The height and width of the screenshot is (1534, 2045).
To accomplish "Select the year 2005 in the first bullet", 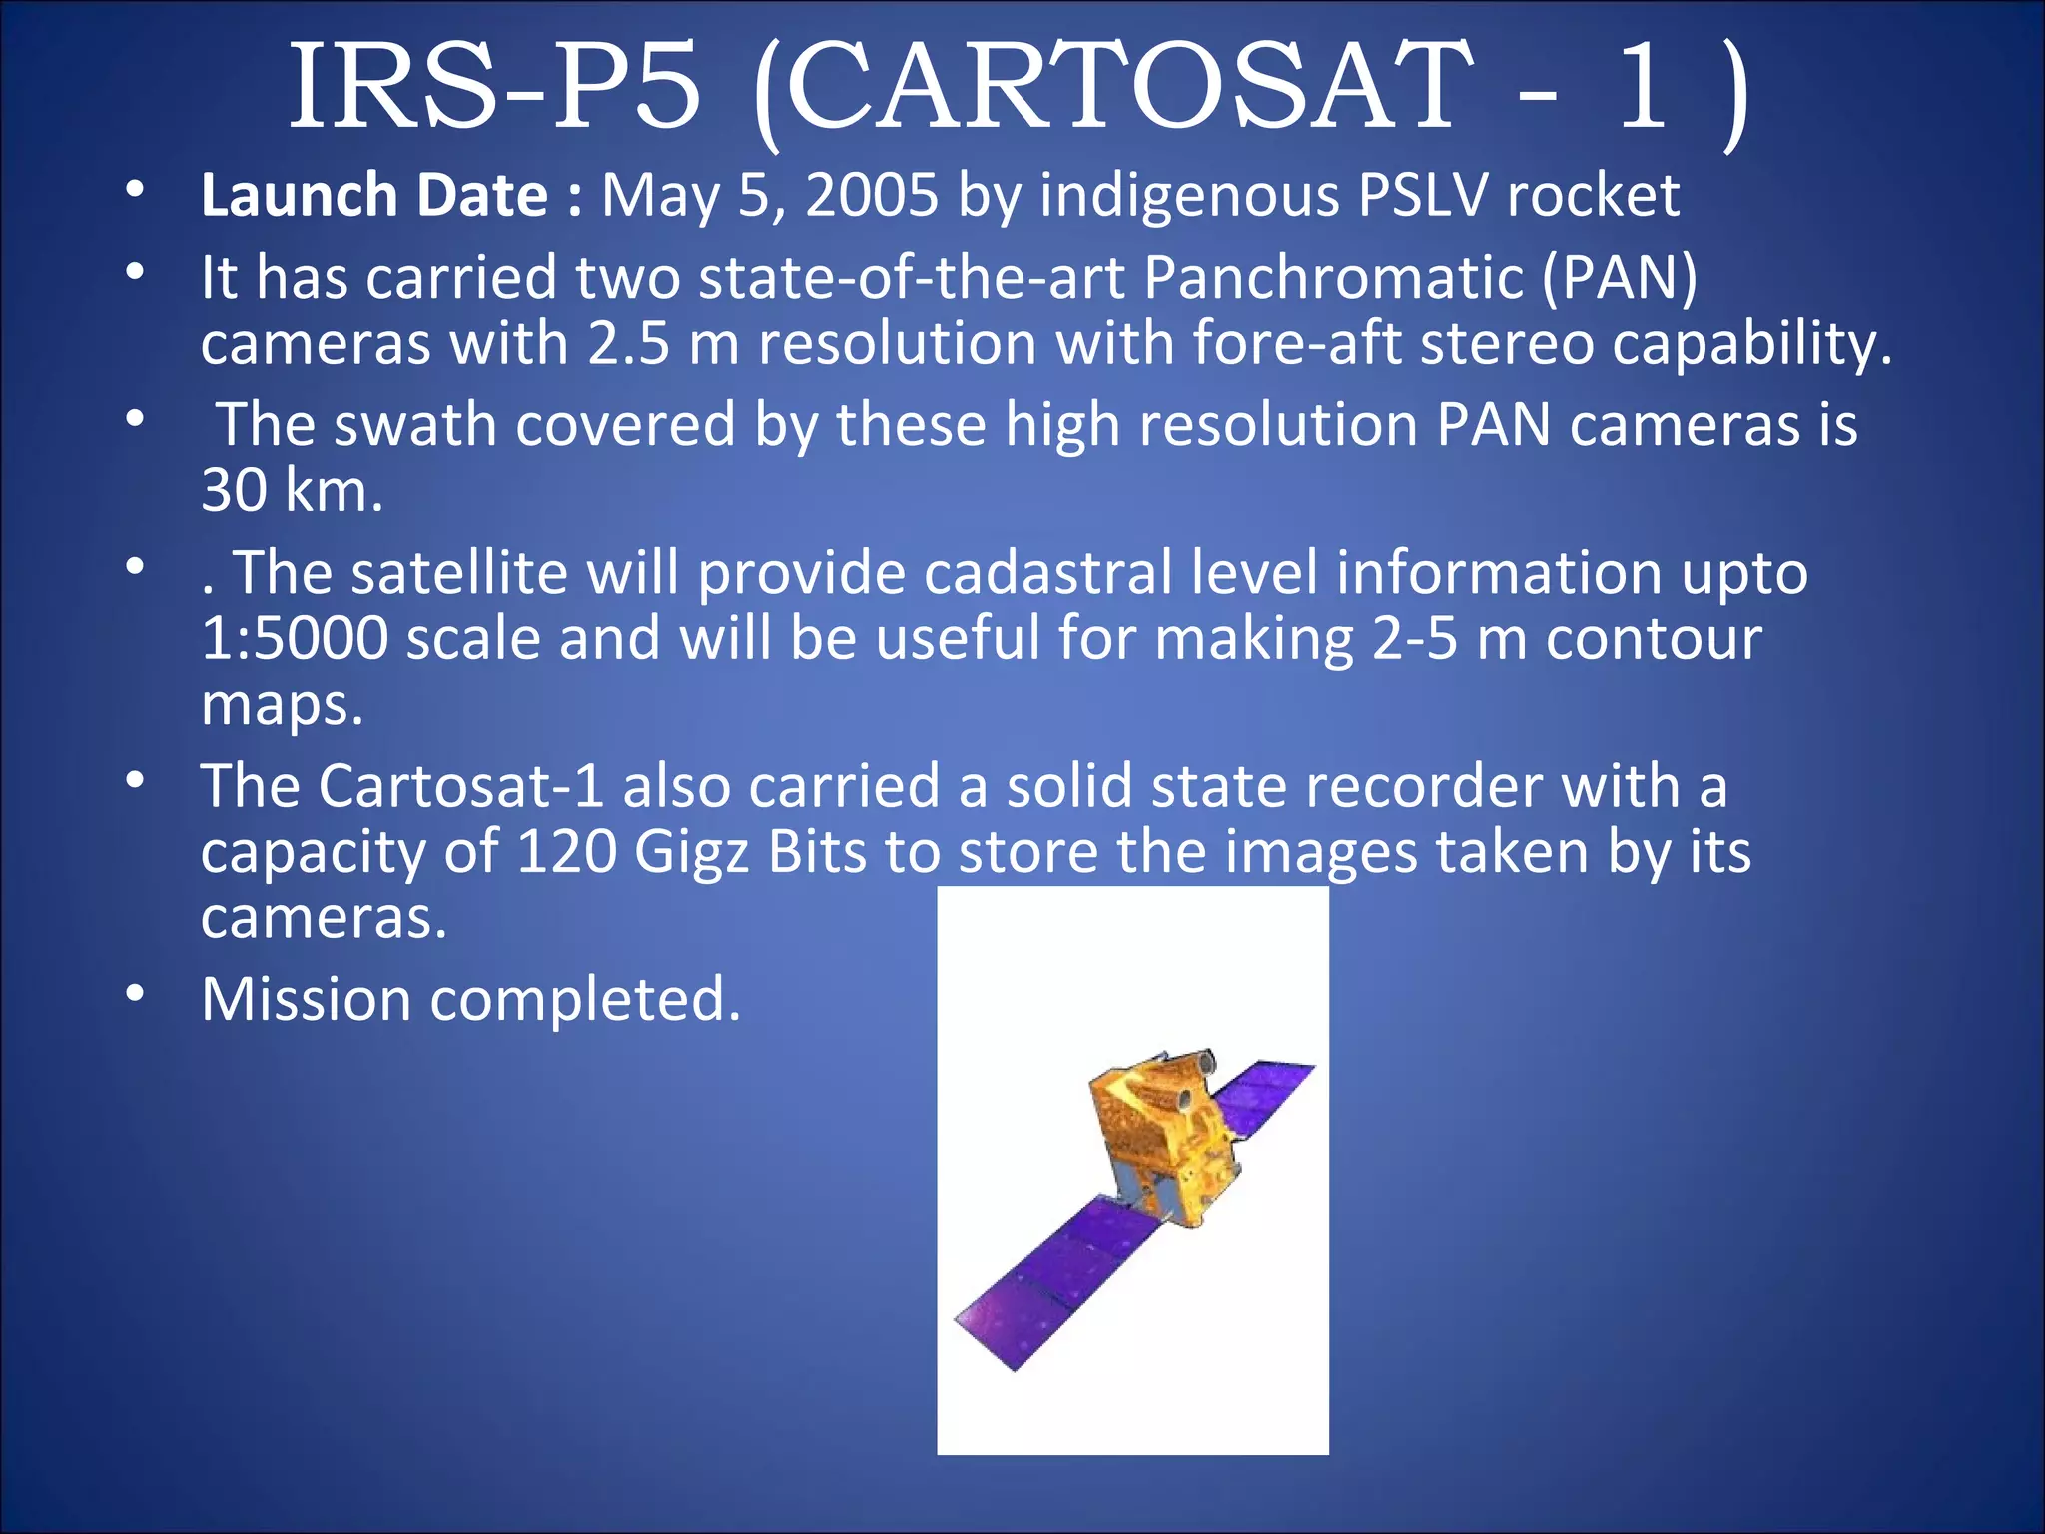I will (x=871, y=195).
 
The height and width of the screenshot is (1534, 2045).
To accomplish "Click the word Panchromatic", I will (x=1333, y=277).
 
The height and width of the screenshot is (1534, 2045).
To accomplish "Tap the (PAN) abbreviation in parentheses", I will (x=1620, y=277).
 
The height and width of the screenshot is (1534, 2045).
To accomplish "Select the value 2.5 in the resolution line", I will (x=628, y=343).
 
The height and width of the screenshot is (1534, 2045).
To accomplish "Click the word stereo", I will (x=1507, y=343).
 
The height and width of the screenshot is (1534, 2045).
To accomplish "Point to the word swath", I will (x=414, y=425).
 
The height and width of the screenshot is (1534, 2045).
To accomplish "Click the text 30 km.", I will (x=291, y=491).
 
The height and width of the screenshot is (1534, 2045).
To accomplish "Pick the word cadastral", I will (x=1047, y=573).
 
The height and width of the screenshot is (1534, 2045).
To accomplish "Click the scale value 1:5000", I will (x=295, y=638).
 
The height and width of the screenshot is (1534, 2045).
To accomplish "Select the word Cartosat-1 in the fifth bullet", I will (x=461, y=786).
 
